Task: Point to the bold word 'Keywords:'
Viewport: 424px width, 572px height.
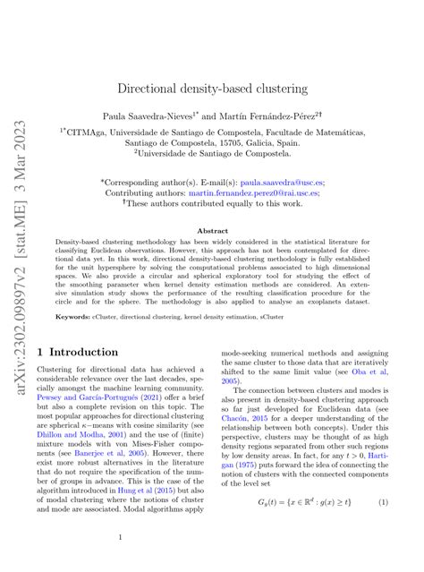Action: [72, 316]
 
